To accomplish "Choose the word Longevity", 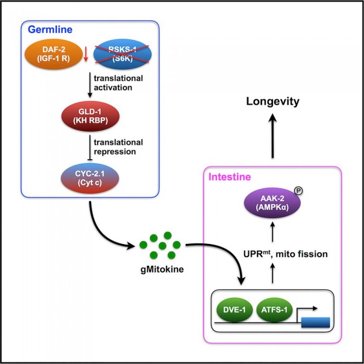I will point(272,101).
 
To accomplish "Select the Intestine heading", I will point(230,177).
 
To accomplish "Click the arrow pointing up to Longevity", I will point(272,135).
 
